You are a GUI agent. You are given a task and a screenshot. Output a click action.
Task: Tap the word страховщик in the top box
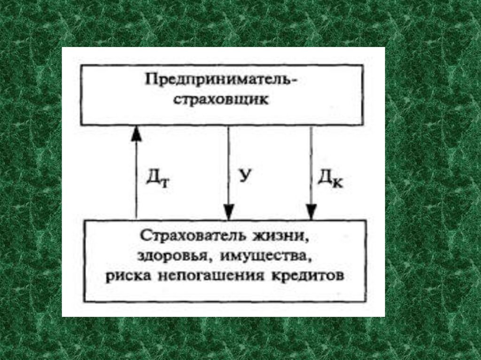pyautogui.click(x=219, y=100)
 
